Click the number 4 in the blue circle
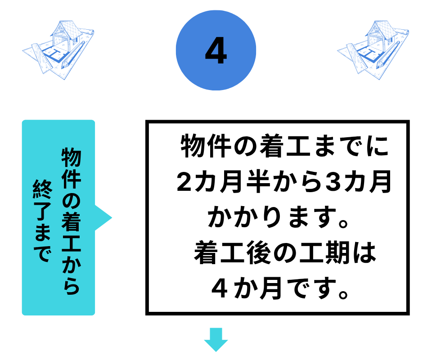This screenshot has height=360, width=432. pyautogui.click(x=216, y=51)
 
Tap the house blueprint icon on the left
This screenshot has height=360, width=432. pyautogui.click(x=58, y=50)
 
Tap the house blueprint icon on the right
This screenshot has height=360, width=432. pyautogui.click(x=373, y=50)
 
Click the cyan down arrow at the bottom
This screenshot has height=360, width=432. pyautogui.click(x=216, y=339)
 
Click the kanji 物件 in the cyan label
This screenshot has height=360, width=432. pyautogui.click(x=71, y=168)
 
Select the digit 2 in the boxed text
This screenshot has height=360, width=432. pyautogui.click(x=184, y=181)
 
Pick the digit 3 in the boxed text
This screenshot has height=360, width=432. pyautogui.click(x=333, y=181)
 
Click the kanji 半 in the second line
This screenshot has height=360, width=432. pyautogui.click(x=258, y=181)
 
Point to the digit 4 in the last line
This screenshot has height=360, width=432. pyautogui.click(x=220, y=289)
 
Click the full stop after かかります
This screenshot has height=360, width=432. pyautogui.click(x=343, y=223)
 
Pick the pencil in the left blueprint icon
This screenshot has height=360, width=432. pyautogui.click(x=74, y=54)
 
